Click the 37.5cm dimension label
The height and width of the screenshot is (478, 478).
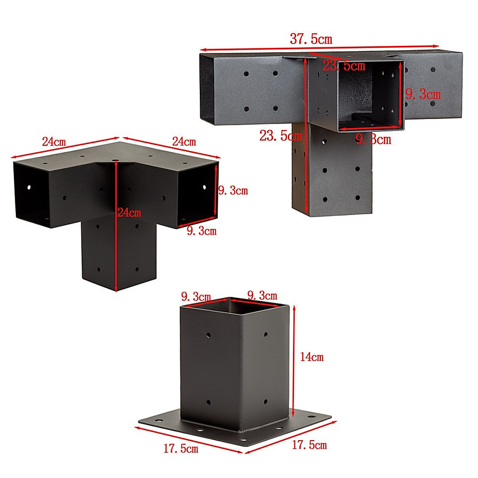311,39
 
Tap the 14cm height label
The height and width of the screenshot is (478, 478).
312,357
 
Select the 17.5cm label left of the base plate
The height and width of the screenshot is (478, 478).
181,448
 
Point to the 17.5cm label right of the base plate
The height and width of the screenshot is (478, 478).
309,445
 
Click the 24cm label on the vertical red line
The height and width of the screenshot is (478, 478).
129,213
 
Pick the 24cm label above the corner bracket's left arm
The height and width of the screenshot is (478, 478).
54,142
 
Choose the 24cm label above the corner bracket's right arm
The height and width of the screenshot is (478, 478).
184,141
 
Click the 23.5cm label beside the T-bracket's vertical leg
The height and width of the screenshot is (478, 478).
281,136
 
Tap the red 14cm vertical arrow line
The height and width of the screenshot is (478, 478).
294,361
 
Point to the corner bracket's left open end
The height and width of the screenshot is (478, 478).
32,194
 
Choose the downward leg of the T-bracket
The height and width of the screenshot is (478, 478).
332,171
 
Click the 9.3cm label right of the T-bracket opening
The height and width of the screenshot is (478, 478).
423,95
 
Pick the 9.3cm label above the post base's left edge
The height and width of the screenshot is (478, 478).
196,296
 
